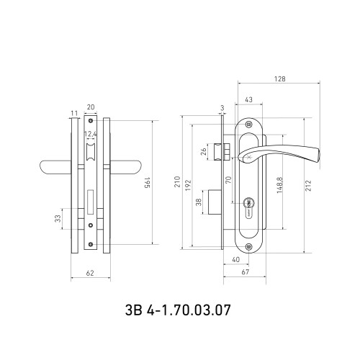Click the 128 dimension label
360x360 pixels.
[279, 78]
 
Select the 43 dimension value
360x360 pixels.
[248, 99]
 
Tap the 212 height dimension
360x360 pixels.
[308, 186]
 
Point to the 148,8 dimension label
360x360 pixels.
[280, 185]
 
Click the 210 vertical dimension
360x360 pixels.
[177, 182]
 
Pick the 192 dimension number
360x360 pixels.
[188, 185]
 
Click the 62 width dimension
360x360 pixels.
[90, 273]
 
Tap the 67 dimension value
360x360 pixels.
[245, 272]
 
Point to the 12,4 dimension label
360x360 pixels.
[91, 134]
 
